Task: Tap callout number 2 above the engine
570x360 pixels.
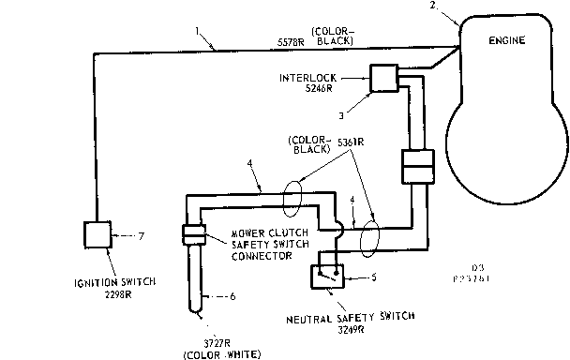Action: [x=432, y=7]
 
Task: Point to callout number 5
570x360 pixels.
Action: [x=374, y=277]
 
